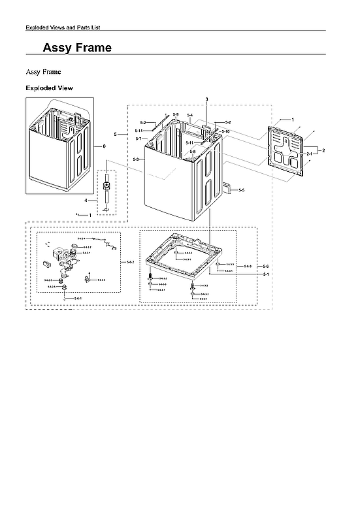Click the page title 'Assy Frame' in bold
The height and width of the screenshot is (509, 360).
click(76, 48)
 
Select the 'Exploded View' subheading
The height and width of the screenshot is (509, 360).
click(49, 88)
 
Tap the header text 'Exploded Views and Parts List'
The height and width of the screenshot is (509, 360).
click(62, 27)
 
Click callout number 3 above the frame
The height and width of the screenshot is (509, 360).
click(206, 99)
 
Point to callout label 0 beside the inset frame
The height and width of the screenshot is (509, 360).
click(104, 146)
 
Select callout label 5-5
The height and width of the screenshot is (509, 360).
click(241, 190)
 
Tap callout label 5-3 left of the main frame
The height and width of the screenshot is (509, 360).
click(135, 159)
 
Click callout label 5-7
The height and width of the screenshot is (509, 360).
click(139, 139)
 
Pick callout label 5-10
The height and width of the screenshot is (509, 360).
click(225, 131)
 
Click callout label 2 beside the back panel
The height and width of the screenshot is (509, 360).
click(323, 150)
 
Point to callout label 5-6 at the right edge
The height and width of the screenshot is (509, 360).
click(266, 267)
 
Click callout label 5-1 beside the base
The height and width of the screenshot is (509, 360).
click(266, 275)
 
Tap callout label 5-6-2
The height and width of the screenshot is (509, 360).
click(130, 262)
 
